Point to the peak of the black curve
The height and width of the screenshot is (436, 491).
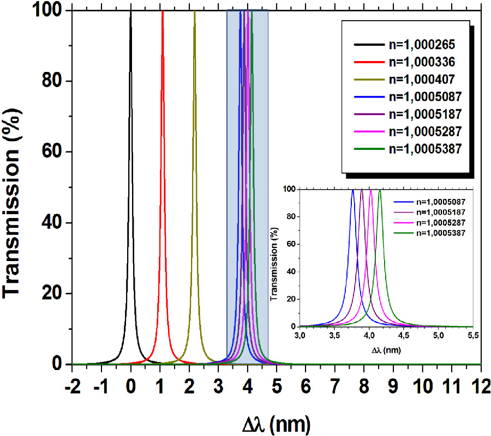coord(130,12)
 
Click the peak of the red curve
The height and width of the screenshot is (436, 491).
coord(162,12)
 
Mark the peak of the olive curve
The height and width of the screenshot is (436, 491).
coord(194,12)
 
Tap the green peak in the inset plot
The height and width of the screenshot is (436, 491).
coord(380,191)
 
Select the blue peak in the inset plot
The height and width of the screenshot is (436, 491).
coord(353,191)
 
